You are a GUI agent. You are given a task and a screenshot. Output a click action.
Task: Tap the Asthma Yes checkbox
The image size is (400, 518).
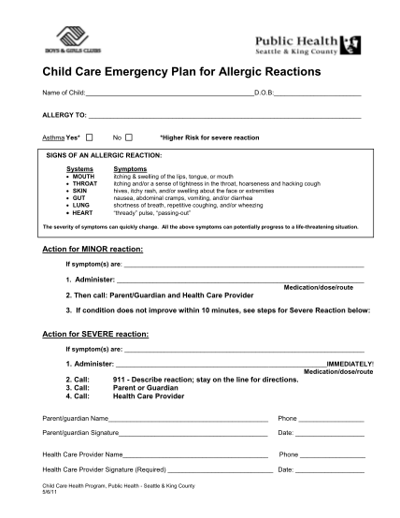click(x=90, y=137)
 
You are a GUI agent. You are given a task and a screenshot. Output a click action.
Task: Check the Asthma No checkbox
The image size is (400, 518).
click(x=129, y=137)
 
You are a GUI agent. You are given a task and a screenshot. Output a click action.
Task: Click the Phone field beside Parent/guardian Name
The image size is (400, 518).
click(x=331, y=418)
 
